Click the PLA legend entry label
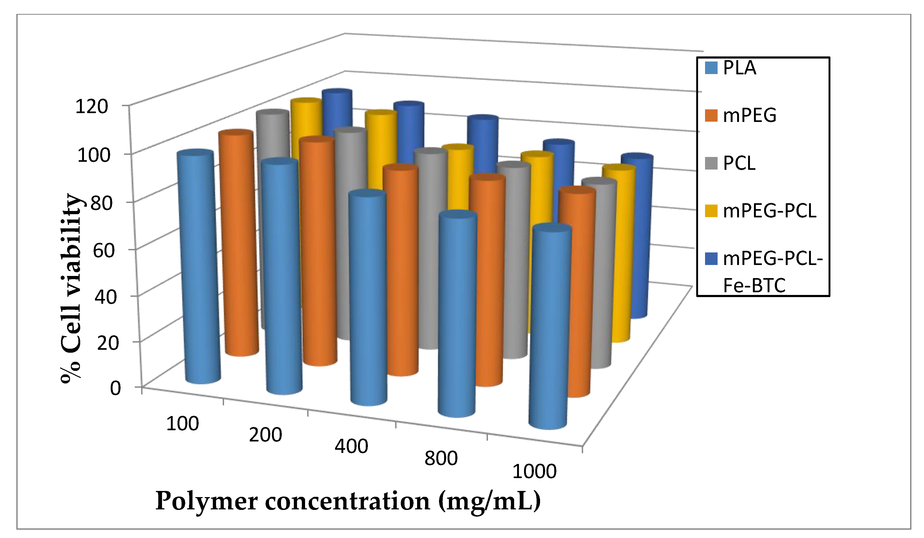(x=739, y=68)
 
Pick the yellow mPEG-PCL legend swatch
(x=711, y=211)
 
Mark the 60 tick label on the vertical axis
(x=104, y=251)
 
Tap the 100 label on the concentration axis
(x=182, y=424)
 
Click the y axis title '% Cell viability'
(x=71, y=288)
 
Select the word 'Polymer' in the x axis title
(x=206, y=501)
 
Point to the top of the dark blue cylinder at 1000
(x=637, y=158)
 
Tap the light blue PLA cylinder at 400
(x=368, y=297)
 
